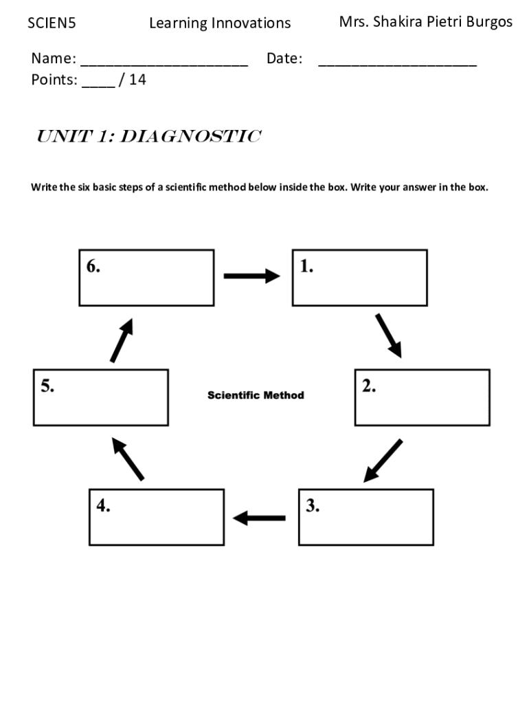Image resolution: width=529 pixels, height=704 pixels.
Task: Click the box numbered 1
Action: pos(359,278)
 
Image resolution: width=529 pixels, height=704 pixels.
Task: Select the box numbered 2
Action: pos(422,397)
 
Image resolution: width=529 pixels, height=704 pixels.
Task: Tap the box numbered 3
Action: pos(365,517)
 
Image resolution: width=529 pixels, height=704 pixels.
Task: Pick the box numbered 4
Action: pos(157,517)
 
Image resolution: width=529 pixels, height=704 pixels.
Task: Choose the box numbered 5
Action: pos(100,397)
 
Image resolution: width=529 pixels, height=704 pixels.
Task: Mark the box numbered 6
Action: pos(146,278)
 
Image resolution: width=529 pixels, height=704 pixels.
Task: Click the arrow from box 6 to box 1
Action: pos(252,276)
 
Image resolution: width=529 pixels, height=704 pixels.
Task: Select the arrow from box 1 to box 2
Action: pos(388,335)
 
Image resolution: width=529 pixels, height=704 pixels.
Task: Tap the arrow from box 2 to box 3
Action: pos(383,460)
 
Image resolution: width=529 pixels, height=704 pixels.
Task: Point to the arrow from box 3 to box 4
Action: pos(260,518)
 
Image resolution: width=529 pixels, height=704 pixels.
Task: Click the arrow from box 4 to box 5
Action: pos(128,459)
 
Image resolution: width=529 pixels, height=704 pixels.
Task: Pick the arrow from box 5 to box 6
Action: pos(121,339)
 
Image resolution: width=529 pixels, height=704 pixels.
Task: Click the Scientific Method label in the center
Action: pos(256,395)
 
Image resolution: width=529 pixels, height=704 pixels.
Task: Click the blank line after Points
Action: pos(98,83)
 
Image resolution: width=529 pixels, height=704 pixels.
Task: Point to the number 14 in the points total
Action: pos(137,80)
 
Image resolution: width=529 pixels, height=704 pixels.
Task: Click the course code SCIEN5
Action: pos(52,23)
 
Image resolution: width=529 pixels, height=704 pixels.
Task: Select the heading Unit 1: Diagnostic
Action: pos(148,137)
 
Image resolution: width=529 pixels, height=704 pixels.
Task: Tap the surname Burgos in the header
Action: pos(486,22)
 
